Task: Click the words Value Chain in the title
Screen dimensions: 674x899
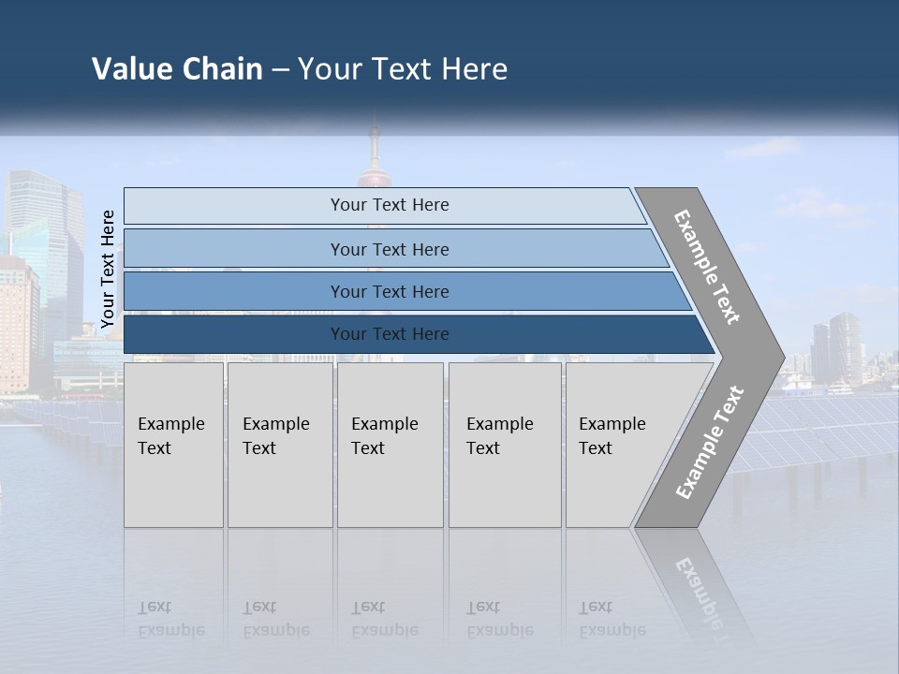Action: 177,69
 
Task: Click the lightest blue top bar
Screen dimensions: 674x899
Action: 389,205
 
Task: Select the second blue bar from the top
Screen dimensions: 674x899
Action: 389,249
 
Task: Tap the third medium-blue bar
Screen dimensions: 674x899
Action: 389,291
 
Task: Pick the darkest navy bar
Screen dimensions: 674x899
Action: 389,334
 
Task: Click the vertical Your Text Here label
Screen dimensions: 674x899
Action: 108,269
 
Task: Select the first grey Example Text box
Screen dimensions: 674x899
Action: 173,445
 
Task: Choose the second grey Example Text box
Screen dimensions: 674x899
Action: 279,445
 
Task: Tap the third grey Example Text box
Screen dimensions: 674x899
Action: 390,445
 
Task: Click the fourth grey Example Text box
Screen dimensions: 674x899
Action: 504,445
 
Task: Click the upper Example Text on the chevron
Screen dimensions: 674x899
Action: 707,267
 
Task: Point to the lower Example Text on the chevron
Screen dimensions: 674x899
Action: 709,442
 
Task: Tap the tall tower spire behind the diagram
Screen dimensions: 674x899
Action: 374,150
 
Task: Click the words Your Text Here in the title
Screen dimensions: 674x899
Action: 403,69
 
